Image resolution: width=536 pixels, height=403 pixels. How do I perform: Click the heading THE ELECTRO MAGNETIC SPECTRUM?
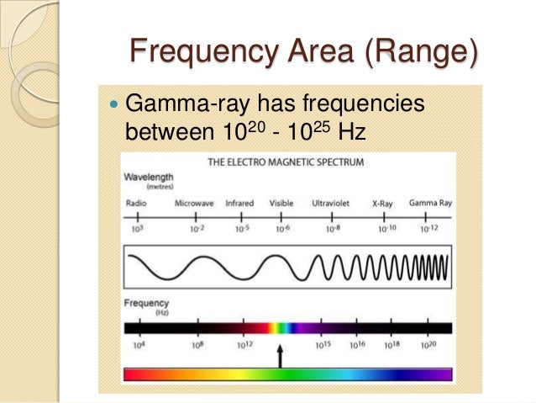click(285, 162)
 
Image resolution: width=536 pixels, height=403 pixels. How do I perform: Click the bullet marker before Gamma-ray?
click(112, 105)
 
